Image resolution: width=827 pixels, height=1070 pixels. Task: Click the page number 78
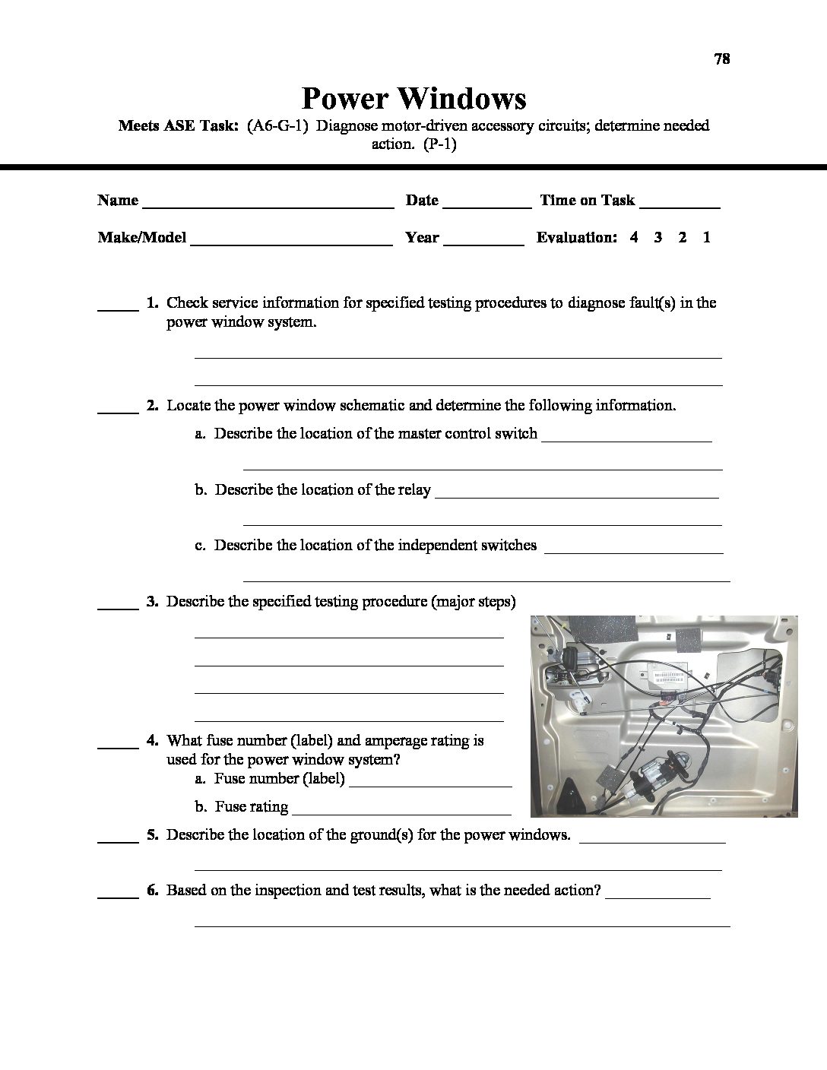[x=722, y=59]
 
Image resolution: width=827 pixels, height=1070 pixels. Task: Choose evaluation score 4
[x=634, y=237]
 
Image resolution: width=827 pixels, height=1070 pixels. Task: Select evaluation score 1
[x=707, y=237]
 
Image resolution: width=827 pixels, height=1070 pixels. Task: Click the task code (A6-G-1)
[x=277, y=125]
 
